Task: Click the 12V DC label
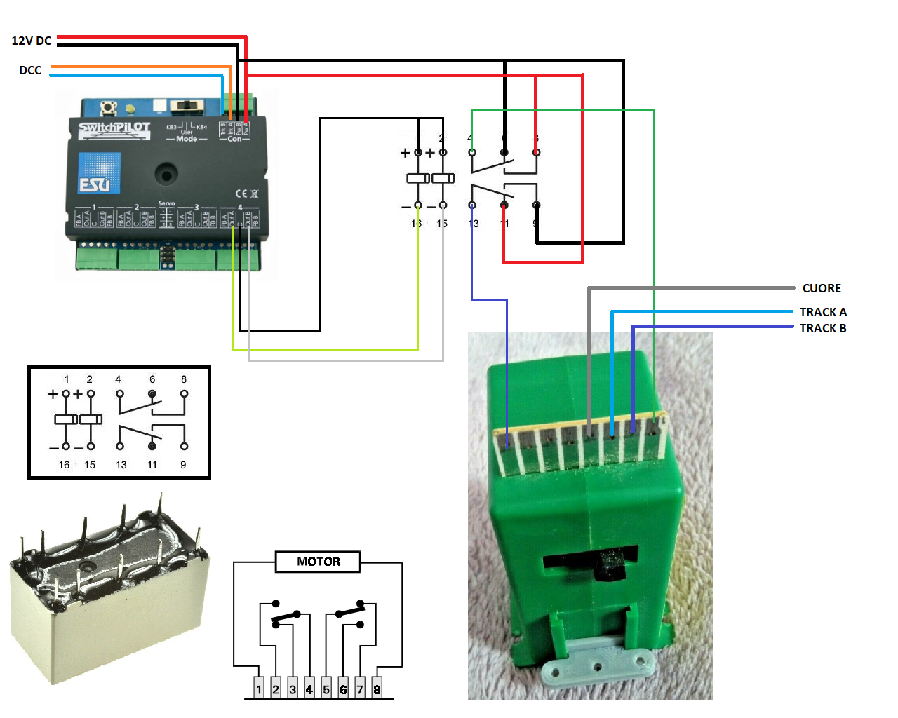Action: (x=32, y=41)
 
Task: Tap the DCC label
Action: (x=30, y=70)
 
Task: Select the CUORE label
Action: (x=822, y=288)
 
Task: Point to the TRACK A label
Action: (x=823, y=312)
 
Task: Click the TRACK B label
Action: (x=823, y=328)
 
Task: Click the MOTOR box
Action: (x=318, y=562)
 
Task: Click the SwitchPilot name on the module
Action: (x=114, y=128)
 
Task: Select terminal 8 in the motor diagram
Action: (x=377, y=689)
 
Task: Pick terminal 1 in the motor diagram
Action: (x=259, y=689)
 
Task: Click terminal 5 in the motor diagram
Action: (x=326, y=689)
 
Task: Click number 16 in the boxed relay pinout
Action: (x=64, y=465)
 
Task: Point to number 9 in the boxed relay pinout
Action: (x=183, y=465)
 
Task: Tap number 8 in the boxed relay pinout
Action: (x=184, y=379)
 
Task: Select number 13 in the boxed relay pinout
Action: (x=121, y=465)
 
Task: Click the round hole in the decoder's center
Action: (x=166, y=173)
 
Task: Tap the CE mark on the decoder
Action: (x=241, y=194)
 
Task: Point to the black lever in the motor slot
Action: (x=611, y=564)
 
